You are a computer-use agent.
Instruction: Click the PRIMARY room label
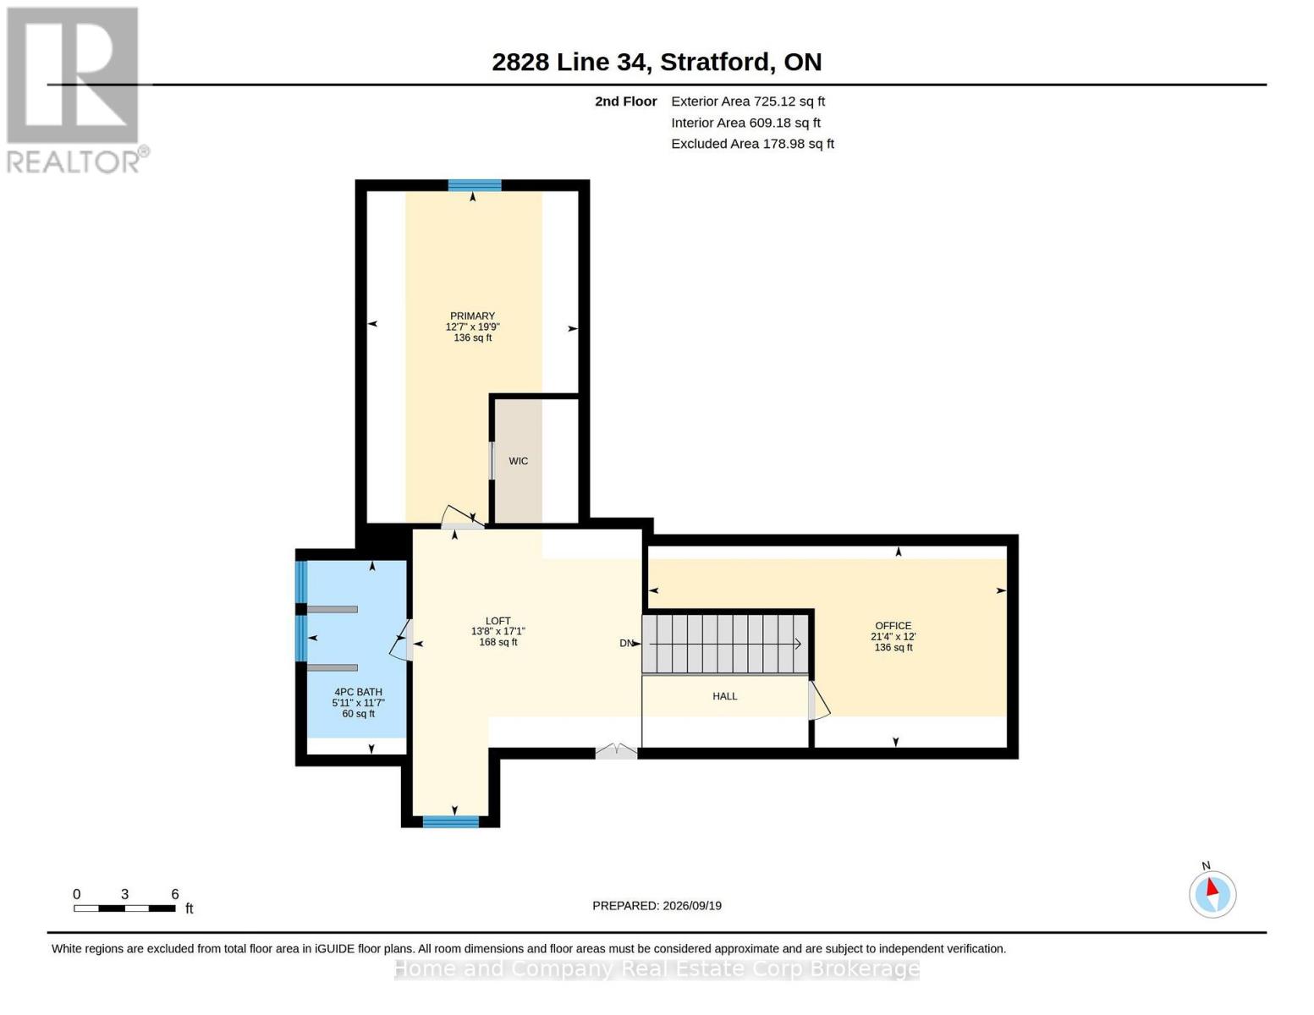[x=472, y=316]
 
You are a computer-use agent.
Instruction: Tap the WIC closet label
[x=518, y=461]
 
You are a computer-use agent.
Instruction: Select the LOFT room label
[x=498, y=621]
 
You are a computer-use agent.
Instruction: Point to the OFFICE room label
[x=893, y=626]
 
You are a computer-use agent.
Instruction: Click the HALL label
[x=724, y=696]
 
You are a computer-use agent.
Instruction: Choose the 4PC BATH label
[x=359, y=692]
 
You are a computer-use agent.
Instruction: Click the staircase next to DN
[x=725, y=644]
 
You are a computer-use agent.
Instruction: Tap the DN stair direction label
[x=626, y=643]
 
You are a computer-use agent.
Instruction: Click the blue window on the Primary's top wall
[x=475, y=185]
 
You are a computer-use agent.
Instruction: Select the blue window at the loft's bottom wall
[x=450, y=821]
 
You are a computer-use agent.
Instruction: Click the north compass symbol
[x=1212, y=893]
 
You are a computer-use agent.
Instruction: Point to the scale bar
[x=124, y=908]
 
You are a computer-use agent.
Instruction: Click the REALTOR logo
[x=75, y=91]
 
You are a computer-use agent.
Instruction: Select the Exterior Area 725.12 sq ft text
[x=748, y=101]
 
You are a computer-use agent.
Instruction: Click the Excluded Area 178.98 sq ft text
[x=752, y=144]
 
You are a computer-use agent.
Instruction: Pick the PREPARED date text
[x=657, y=906]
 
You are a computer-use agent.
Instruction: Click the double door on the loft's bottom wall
[x=616, y=751]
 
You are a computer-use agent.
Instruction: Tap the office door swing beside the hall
[x=818, y=701]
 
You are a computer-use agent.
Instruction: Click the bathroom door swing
[x=400, y=641]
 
